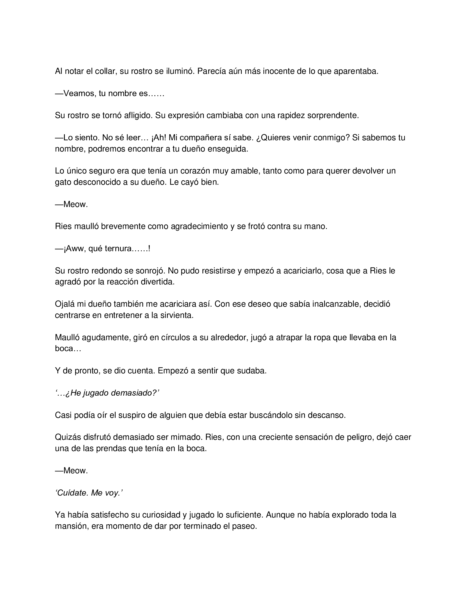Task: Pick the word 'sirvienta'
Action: pos(177,315)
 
